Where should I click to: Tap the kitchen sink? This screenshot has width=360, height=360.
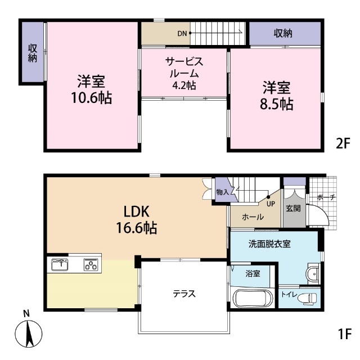click(60, 264)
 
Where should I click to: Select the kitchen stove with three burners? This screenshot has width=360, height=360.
click(91, 264)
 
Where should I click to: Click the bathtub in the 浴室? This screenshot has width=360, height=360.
click(253, 298)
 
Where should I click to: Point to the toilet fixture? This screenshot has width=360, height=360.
click(307, 298)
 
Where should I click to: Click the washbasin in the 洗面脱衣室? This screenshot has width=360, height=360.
click(313, 274)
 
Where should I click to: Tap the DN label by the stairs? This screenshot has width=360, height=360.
click(182, 34)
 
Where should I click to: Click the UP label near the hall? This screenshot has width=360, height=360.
click(271, 204)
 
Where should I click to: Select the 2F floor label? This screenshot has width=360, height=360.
click(343, 144)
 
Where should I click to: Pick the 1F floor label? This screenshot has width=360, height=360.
click(345, 334)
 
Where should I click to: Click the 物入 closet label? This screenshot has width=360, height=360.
click(223, 192)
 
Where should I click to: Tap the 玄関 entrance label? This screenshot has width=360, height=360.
click(293, 208)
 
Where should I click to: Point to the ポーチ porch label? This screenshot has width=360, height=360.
click(326, 197)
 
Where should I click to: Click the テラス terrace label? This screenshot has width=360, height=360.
click(184, 294)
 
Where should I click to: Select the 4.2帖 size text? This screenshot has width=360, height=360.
click(184, 85)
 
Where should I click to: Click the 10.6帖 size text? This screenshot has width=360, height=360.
click(91, 98)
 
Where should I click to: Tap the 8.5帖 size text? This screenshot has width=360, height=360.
click(276, 104)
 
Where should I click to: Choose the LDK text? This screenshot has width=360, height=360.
click(137, 211)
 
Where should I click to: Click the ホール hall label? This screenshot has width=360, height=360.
click(253, 217)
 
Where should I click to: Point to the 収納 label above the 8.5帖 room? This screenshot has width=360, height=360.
click(283, 34)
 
